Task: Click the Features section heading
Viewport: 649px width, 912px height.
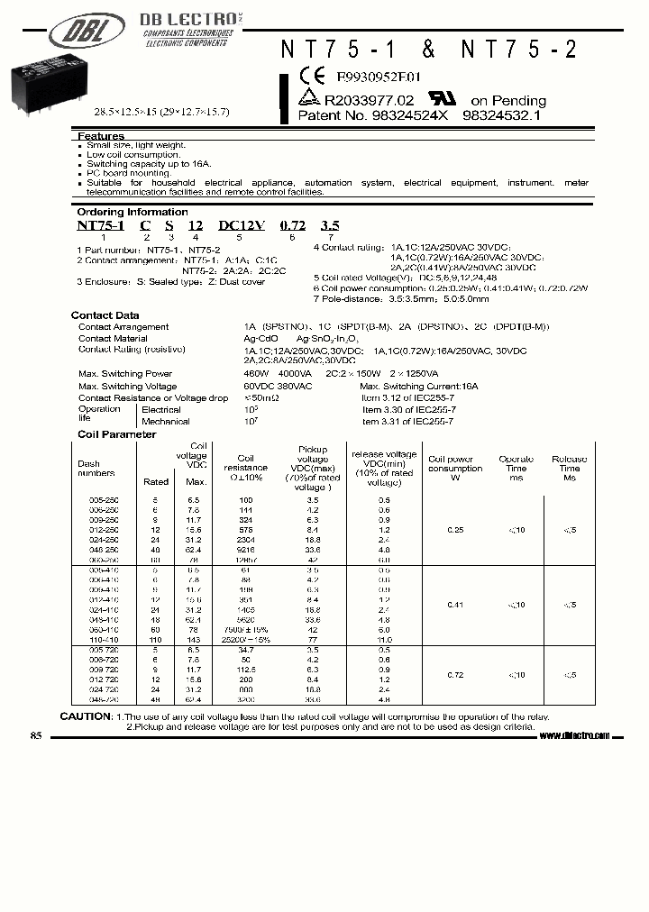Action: click(101, 135)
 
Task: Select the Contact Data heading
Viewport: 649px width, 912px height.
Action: click(105, 315)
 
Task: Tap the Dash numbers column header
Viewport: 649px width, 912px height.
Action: click(96, 468)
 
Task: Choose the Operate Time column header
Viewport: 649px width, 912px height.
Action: click(516, 469)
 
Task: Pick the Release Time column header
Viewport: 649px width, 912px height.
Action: click(569, 469)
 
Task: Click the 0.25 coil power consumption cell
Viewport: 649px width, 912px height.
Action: click(455, 530)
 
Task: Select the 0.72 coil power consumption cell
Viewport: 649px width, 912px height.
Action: click(455, 674)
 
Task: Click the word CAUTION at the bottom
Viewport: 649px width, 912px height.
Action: click(86, 716)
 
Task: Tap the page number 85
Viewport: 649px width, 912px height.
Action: click(36, 735)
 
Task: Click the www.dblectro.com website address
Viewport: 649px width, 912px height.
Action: click(574, 735)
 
